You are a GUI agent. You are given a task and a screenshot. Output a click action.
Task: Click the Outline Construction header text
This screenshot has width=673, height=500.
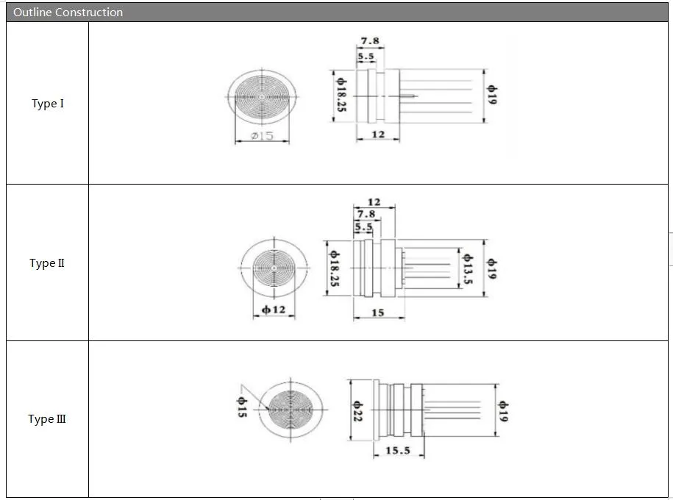pos(68,12)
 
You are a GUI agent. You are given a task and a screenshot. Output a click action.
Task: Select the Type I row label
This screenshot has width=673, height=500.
pos(48,104)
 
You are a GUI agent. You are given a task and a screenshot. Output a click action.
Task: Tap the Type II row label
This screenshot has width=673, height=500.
pos(47,263)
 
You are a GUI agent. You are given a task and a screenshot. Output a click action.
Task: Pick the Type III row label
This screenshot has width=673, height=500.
pos(47,419)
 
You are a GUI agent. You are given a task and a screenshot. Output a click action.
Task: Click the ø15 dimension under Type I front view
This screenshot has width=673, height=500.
pos(262,136)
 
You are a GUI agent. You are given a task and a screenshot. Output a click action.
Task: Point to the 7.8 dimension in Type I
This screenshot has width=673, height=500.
pos(370,40)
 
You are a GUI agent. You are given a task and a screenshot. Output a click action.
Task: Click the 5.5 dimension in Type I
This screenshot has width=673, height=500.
pos(366,56)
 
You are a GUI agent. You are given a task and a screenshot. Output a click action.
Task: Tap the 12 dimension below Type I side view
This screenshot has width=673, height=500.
pos(378,135)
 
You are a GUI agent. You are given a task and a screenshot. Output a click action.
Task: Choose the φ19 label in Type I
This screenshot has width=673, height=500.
pos(492,94)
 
